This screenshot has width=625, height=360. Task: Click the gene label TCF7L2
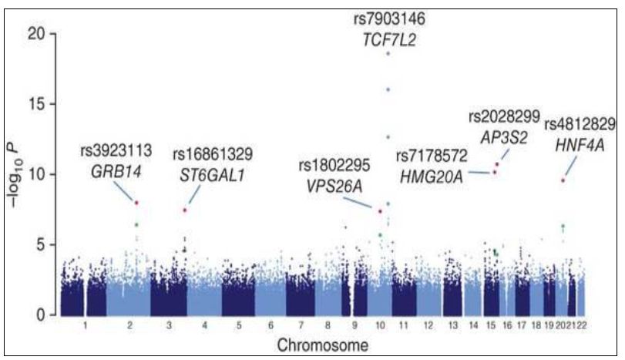(388, 40)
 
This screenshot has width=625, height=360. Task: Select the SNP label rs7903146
(388, 17)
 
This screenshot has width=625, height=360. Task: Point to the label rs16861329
(213, 153)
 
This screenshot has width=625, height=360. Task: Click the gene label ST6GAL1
(213, 175)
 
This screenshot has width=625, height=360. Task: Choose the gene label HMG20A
(432, 178)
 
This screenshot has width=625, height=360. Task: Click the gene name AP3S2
(504, 136)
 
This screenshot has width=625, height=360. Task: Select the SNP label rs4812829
(580, 124)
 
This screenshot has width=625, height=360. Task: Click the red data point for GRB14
(136, 203)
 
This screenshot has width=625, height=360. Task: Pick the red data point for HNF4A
(563, 180)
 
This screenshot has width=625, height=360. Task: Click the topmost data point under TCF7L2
(388, 54)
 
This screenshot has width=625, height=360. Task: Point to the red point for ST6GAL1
(185, 210)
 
